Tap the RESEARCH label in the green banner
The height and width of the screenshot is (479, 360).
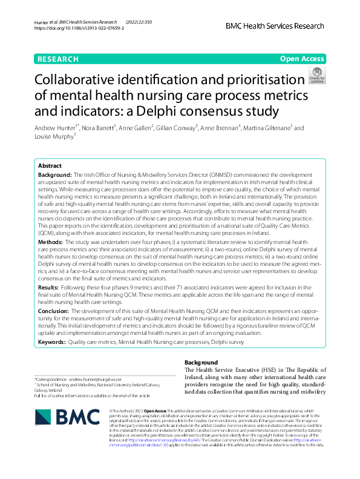pyautogui.click(x=57, y=59)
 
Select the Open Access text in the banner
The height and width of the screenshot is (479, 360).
pyautogui.click(x=303, y=59)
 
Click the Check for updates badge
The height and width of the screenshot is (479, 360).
pyautogui.click(x=316, y=76)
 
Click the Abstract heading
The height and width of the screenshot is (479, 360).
pyautogui.click(x=50, y=165)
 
